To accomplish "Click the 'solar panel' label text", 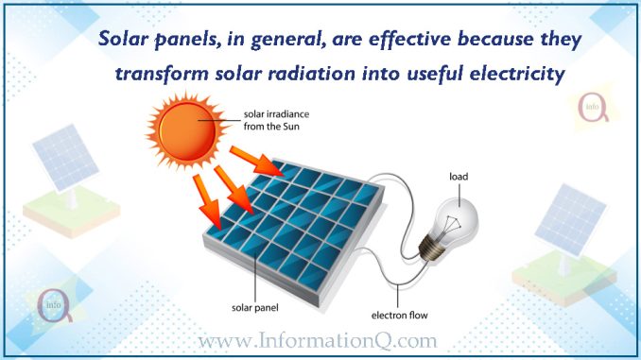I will pos(255,307).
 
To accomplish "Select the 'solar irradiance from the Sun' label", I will pos(276,120).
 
